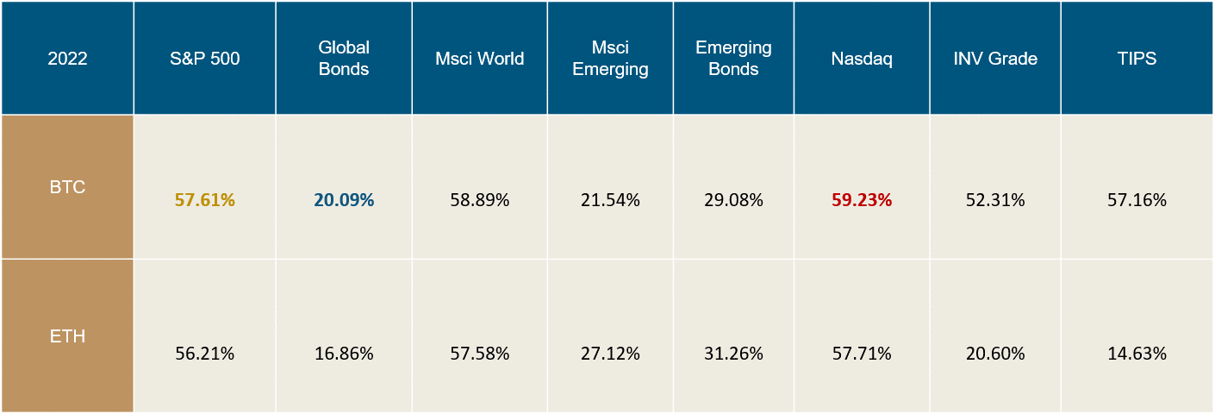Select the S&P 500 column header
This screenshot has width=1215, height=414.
point(205,59)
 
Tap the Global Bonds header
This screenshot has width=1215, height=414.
point(344,59)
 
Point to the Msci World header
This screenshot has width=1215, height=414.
point(480,59)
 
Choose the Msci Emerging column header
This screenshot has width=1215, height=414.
point(609,59)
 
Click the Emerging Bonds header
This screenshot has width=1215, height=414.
point(733,59)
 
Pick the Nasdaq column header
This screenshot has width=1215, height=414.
point(862,59)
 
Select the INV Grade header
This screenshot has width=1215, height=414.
point(995,59)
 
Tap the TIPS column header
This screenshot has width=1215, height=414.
point(1137,59)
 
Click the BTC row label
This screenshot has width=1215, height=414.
point(66,186)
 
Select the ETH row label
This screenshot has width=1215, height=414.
point(66,336)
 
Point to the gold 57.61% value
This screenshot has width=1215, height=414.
point(205,200)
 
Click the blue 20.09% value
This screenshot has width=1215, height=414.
point(344,200)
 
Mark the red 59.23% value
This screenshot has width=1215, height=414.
point(862,200)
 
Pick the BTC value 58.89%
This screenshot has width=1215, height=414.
point(480,200)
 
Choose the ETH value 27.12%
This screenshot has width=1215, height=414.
point(609,354)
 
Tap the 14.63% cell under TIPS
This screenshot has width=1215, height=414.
point(1137,354)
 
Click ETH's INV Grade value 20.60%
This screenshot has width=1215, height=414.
point(995,354)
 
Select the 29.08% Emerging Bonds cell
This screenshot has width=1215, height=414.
point(733,200)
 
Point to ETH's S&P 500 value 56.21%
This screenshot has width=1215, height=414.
point(205,354)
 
